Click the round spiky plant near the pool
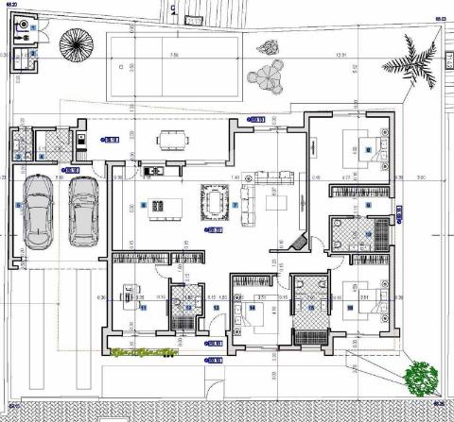[74, 43]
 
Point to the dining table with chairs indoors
[216, 201]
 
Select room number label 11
[143, 307]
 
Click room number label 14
[253, 308]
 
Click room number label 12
[188, 307]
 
